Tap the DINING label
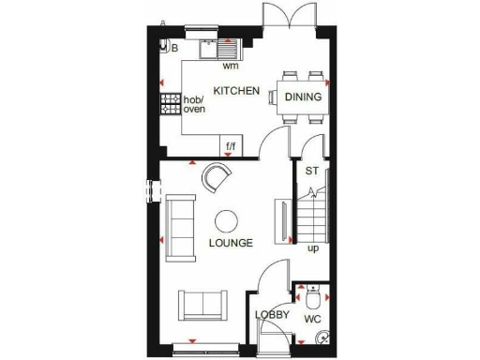[x=305, y=97]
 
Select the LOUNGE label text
[x=231, y=243]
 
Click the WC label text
[x=308, y=319]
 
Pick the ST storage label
[x=311, y=171]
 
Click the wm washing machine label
[x=230, y=67]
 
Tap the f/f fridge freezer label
[x=231, y=146]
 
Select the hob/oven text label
[x=193, y=104]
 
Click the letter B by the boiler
[x=174, y=47]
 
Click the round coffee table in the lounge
[x=227, y=221]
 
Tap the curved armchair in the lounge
[x=218, y=177]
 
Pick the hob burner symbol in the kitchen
[x=171, y=103]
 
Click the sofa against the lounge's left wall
[x=180, y=221]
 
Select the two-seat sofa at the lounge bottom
[x=202, y=304]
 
